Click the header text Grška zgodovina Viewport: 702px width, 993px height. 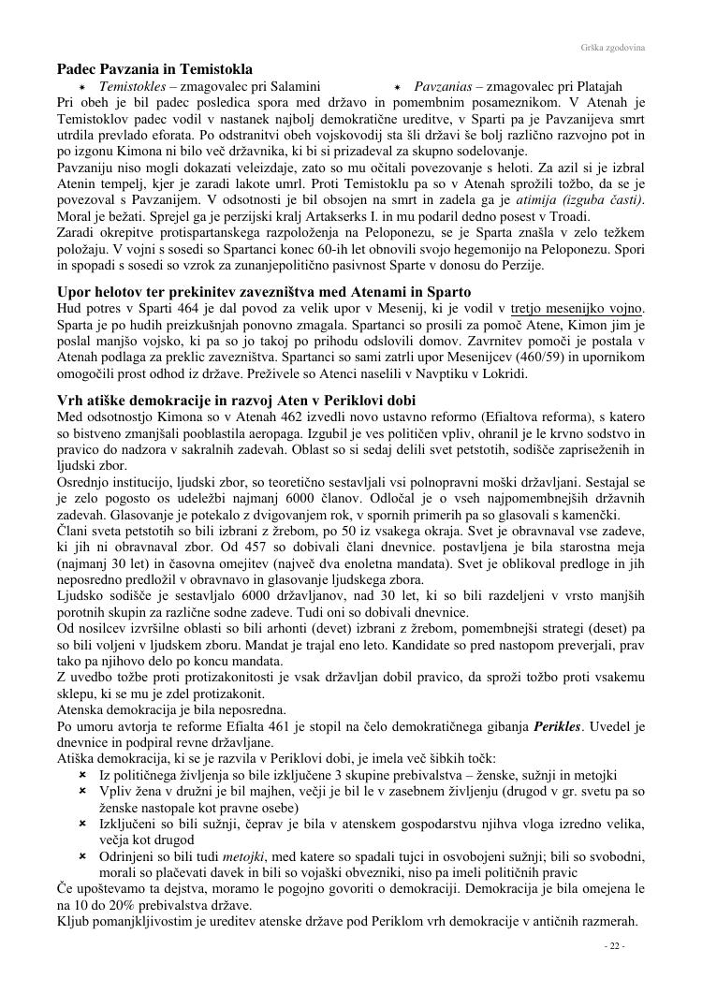click(x=619, y=46)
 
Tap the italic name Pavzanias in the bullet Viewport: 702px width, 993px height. click(x=446, y=86)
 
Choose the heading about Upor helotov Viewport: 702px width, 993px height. click(x=264, y=292)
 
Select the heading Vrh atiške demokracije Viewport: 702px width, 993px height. click(x=237, y=401)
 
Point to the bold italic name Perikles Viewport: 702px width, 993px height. click(x=558, y=726)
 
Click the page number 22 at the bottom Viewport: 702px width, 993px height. click(x=615, y=946)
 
